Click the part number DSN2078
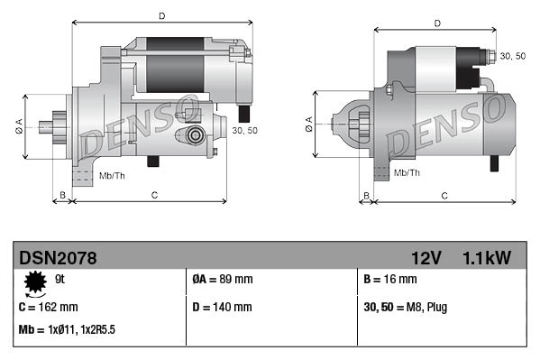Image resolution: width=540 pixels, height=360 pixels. point(58,258)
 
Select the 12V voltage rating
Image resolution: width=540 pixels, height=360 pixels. point(426,258)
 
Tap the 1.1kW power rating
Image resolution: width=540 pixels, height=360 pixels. point(486,258)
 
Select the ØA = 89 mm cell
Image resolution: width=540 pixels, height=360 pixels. point(223,281)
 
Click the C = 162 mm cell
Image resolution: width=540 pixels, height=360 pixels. point(48,307)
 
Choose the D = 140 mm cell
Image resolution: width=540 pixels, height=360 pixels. point(223,307)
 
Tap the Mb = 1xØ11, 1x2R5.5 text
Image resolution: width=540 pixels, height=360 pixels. point(67,330)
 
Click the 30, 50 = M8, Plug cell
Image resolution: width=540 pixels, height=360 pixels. point(405,307)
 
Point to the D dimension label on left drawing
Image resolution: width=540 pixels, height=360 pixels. point(161,16)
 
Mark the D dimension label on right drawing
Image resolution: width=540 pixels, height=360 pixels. point(436,23)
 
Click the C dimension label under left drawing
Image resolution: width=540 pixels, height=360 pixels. point(154,195)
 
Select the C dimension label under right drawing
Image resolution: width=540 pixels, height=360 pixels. point(444,195)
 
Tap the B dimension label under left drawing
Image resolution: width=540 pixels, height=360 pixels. point(62,195)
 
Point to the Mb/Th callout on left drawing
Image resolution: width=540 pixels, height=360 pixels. point(113,174)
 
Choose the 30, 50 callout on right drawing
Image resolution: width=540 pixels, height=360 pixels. point(512,57)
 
